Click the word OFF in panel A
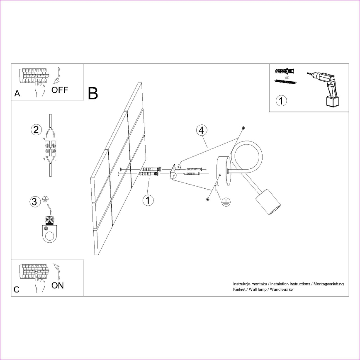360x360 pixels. pyautogui.click(x=60, y=90)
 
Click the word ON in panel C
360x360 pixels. pyautogui.click(x=57, y=285)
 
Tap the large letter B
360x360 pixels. pyautogui.click(x=93, y=93)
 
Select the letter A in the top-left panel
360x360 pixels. pyautogui.click(x=17, y=94)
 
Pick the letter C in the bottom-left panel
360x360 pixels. pyautogui.click(x=17, y=290)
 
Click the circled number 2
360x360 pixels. pyautogui.click(x=36, y=130)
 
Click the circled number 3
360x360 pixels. pyautogui.click(x=36, y=202)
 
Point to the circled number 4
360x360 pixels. pyautogui.click(x=201, y=130)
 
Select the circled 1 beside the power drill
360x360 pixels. pyautogui.click(x=282, y=101)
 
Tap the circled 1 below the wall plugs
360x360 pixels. pyautogui.click(x=148, y=200)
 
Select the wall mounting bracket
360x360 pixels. pyautogui.click(x=175, y=171)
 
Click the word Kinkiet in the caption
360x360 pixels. pyautogui.click(x=240, y=289)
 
